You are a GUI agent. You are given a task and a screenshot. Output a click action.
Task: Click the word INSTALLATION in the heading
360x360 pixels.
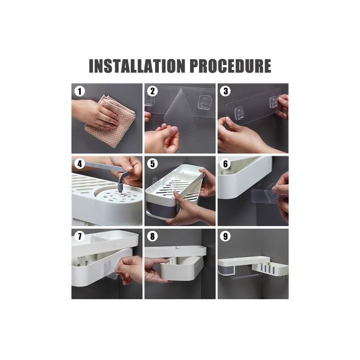point(137,66)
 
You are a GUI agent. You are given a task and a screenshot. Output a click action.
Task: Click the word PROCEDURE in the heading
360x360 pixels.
point(230,66)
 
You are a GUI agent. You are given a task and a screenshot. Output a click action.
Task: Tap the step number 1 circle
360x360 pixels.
point(79,92)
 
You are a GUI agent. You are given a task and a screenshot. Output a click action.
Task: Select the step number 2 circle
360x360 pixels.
point(152,91)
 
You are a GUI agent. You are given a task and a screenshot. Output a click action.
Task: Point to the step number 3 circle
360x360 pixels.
point(226,91)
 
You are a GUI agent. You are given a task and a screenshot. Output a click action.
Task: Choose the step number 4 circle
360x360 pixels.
point(79,164)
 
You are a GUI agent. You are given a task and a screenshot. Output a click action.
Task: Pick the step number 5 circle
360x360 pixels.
point(152,164)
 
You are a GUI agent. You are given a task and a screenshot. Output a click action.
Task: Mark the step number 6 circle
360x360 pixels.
point(226,164)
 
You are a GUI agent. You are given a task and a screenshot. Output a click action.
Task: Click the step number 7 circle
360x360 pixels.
point(79,236)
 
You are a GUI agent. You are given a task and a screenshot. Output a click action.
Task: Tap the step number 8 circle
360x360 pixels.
point(152,236)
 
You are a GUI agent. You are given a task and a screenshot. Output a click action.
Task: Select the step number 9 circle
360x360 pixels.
point(226,236)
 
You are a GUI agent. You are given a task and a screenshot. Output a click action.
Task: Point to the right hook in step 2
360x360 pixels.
point(205,102)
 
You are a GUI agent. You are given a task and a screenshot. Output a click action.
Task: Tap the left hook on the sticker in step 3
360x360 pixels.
point(239,114)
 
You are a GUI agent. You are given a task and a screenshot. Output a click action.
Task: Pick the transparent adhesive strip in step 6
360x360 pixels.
point(263,195)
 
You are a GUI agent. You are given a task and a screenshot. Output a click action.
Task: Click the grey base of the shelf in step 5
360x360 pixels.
point(161,210)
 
